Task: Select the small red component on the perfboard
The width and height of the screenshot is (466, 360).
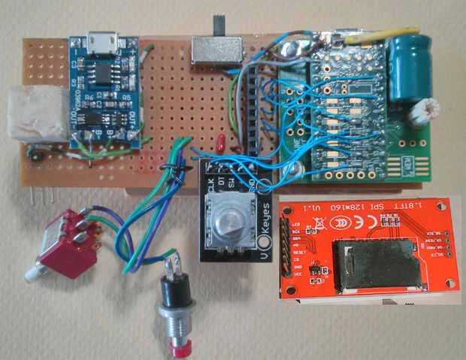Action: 220,143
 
